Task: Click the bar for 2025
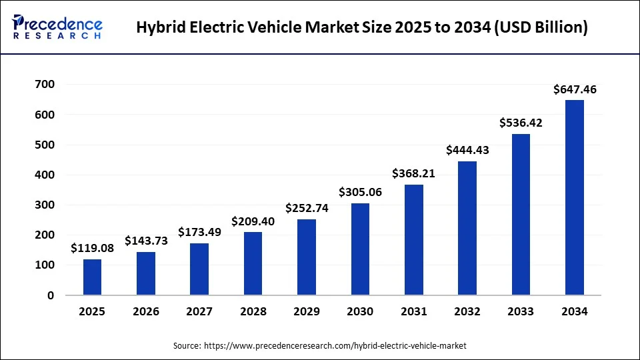92,277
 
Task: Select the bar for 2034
574,197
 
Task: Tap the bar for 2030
360,249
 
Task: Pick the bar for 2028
253,263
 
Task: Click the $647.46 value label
574,89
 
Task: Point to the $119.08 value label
92,249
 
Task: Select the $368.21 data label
413,173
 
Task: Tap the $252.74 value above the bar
307,208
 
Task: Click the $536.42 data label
521,123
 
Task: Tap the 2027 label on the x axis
199,311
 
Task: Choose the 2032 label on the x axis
467,311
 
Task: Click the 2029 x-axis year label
307,311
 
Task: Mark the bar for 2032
467,228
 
